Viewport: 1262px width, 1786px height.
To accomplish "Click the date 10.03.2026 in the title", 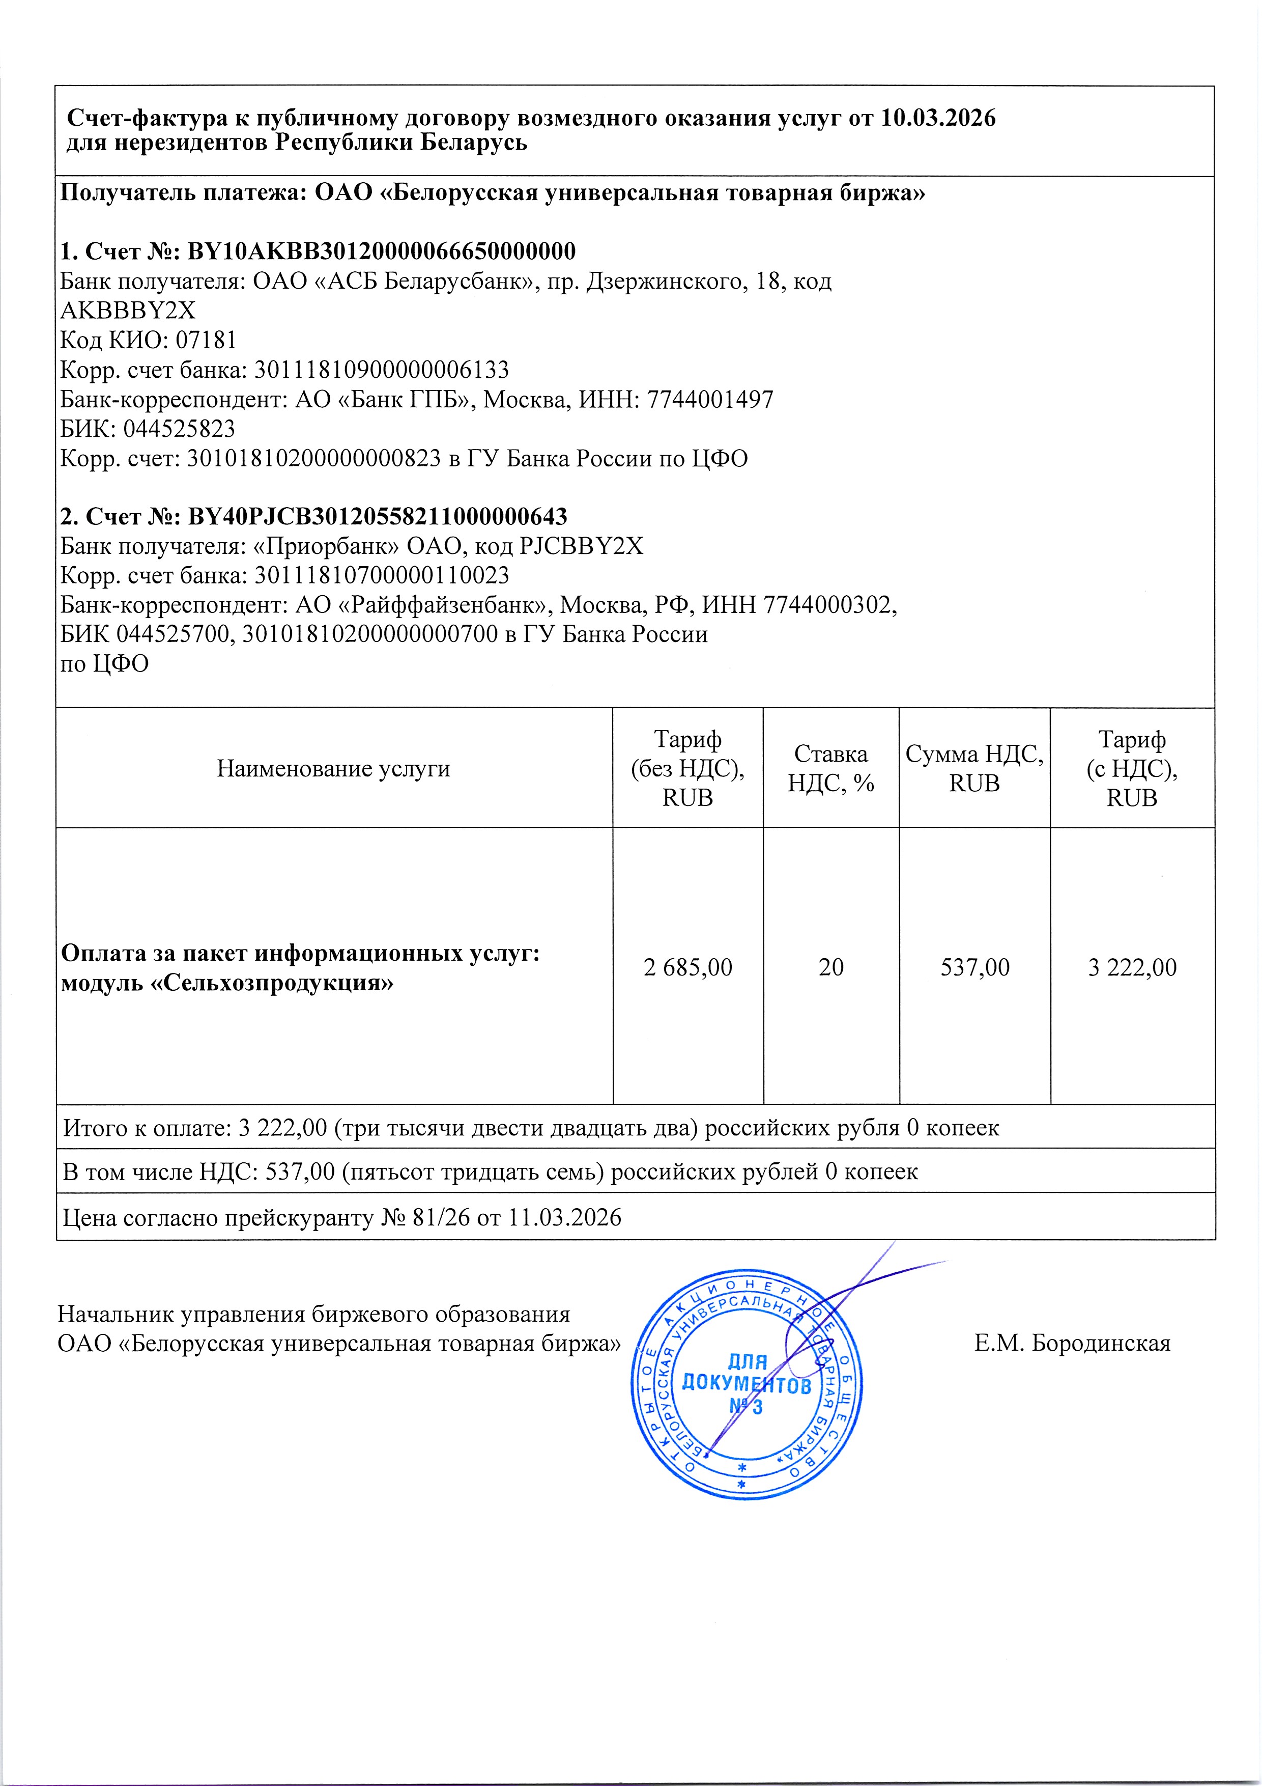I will (938, 118).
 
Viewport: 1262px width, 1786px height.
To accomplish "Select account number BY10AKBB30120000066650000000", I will (382, 252).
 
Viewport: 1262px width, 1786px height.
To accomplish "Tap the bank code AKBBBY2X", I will (128, 311).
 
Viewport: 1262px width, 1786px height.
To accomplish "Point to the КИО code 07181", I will (206, 340).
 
